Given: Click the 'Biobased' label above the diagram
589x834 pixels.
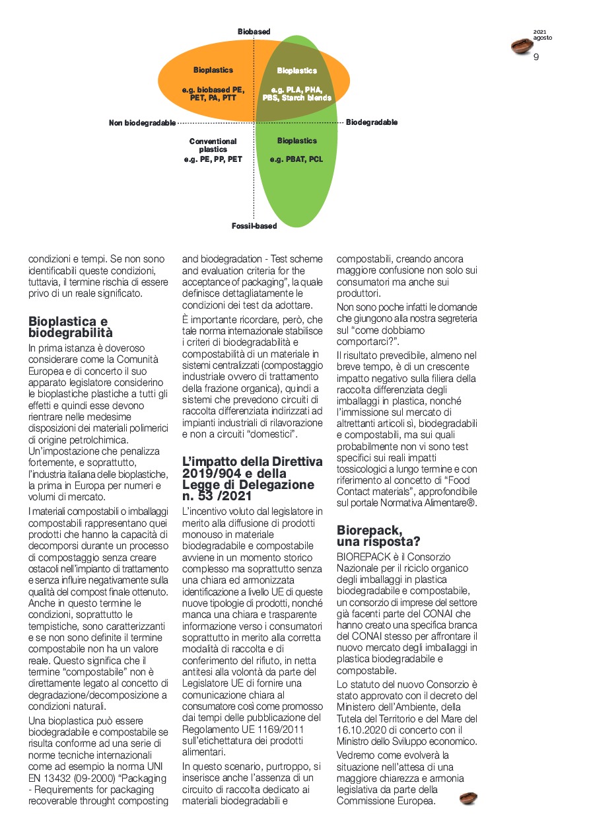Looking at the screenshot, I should [x=254, y=32].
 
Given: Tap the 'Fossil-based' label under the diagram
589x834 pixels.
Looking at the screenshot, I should [x=254, y=226].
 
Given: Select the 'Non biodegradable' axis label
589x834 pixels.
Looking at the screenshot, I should [x=142, y=123].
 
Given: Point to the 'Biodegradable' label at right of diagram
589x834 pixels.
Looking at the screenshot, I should [x=372, y=122].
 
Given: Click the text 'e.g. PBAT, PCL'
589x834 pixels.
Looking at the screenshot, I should [x=296, y=159].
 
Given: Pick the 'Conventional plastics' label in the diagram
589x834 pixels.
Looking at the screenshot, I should [x=213, y=145].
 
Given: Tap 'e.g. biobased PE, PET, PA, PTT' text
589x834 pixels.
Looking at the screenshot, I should [x=213, y=93].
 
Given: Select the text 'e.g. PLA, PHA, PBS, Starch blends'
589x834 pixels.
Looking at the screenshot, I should [x=296, y=93].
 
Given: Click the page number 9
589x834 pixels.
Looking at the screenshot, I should [x=536, y=57].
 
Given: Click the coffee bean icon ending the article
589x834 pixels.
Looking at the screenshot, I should [x=468, y=798].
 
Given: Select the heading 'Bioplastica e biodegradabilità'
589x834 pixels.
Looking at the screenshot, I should [x=70, y=327].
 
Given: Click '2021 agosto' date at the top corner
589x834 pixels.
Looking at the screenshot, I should [x=543, y=35].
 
